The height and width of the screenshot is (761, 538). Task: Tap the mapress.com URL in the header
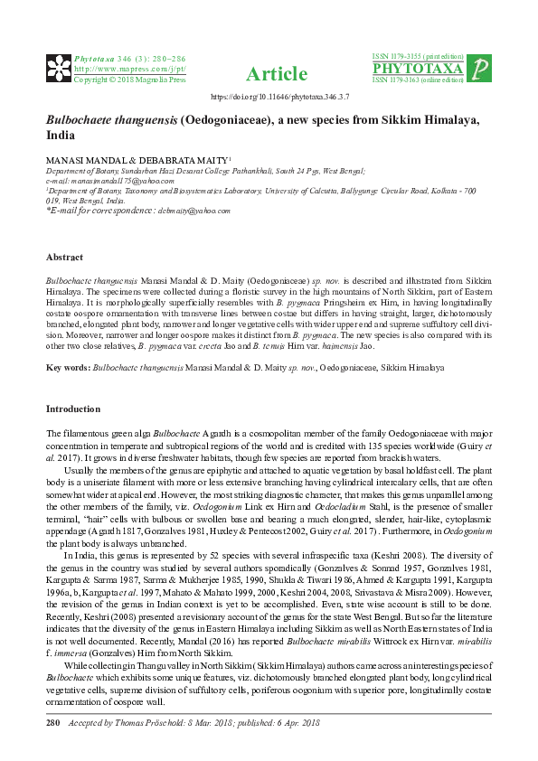[129, 69]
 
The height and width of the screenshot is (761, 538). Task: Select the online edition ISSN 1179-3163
[418, 80]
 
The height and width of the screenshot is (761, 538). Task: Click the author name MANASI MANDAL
[89, 158]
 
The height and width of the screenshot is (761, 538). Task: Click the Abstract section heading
[64, 258]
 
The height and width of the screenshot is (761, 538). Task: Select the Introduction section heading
[73, 409]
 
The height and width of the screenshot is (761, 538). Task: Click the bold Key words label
[68, 369]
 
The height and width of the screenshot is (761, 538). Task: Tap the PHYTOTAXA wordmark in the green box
[418, 69]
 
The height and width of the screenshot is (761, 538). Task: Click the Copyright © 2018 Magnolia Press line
[129, 80]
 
